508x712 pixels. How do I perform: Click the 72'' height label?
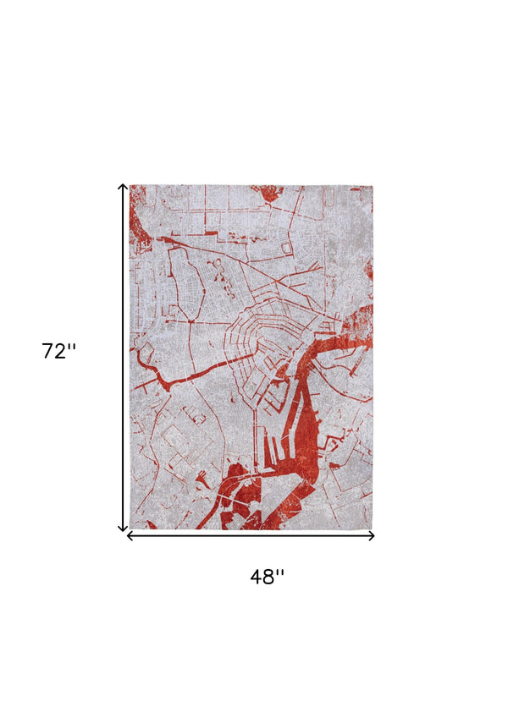click(58, 350)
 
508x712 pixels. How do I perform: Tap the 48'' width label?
click(267, 577)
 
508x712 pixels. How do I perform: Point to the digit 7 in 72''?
click(48, 351)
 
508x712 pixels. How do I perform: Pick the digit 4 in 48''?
click(257, 577)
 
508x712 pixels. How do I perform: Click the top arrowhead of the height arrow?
click(123, 187)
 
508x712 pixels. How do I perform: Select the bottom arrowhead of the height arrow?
click(123, 529)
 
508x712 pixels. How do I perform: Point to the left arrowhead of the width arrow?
click(130, 535)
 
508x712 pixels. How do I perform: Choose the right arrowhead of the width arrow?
click(371, 535)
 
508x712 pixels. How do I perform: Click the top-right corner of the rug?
click(372, 186)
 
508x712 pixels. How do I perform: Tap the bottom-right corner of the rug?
click(372, 529)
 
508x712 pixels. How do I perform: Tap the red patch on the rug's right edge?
click(368, 271)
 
